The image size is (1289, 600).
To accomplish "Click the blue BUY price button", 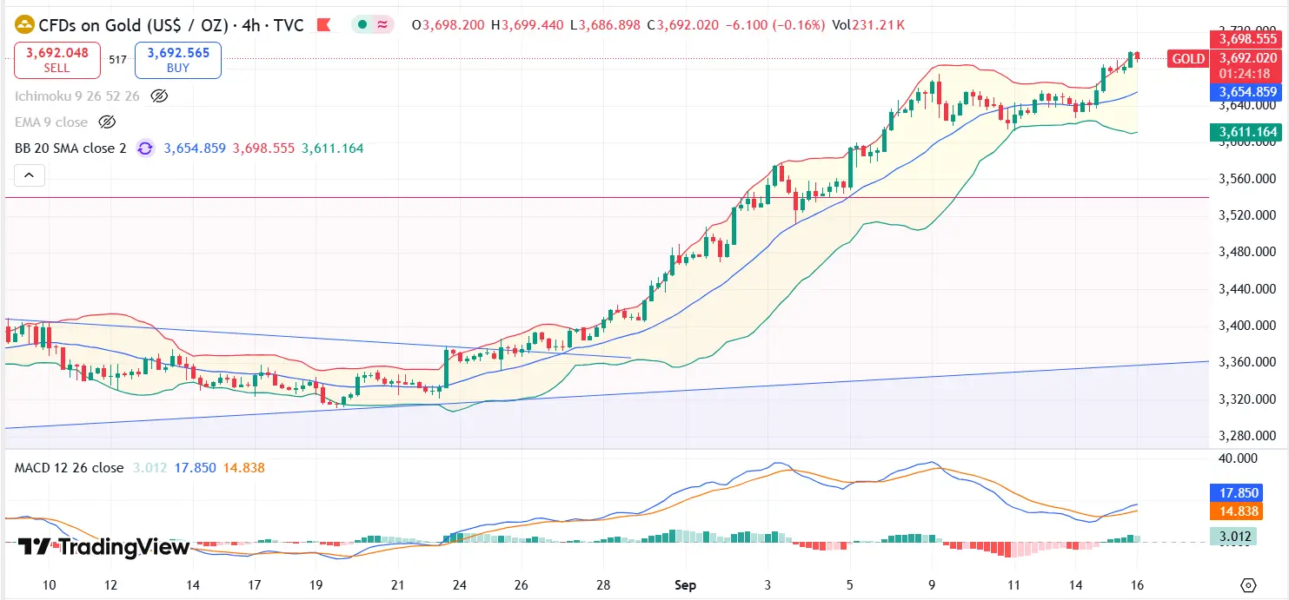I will click(177, 60).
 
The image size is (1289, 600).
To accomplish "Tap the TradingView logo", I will click(103, 547).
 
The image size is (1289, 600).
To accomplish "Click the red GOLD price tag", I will click(1187, 59).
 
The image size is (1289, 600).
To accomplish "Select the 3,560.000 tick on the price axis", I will click(1248, 179).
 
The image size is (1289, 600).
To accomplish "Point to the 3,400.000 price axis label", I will click(1248, 326).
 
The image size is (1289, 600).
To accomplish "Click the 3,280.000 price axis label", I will click(1248, 436).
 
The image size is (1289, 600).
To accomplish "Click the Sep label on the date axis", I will click(686, 584).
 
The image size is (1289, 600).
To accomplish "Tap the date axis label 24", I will click(459, 584).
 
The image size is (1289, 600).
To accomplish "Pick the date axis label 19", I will click(316, 584).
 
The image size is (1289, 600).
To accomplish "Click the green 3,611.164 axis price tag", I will click(1247, 132).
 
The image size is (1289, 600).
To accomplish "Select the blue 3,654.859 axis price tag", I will click(1247, 92).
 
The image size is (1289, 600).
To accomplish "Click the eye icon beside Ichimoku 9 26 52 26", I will click(158, 96).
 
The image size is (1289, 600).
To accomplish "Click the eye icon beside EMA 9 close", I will click(107, 122).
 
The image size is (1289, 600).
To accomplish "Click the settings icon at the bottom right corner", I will click(1249, 584).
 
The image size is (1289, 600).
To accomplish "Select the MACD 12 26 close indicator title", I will click(69, 468).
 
